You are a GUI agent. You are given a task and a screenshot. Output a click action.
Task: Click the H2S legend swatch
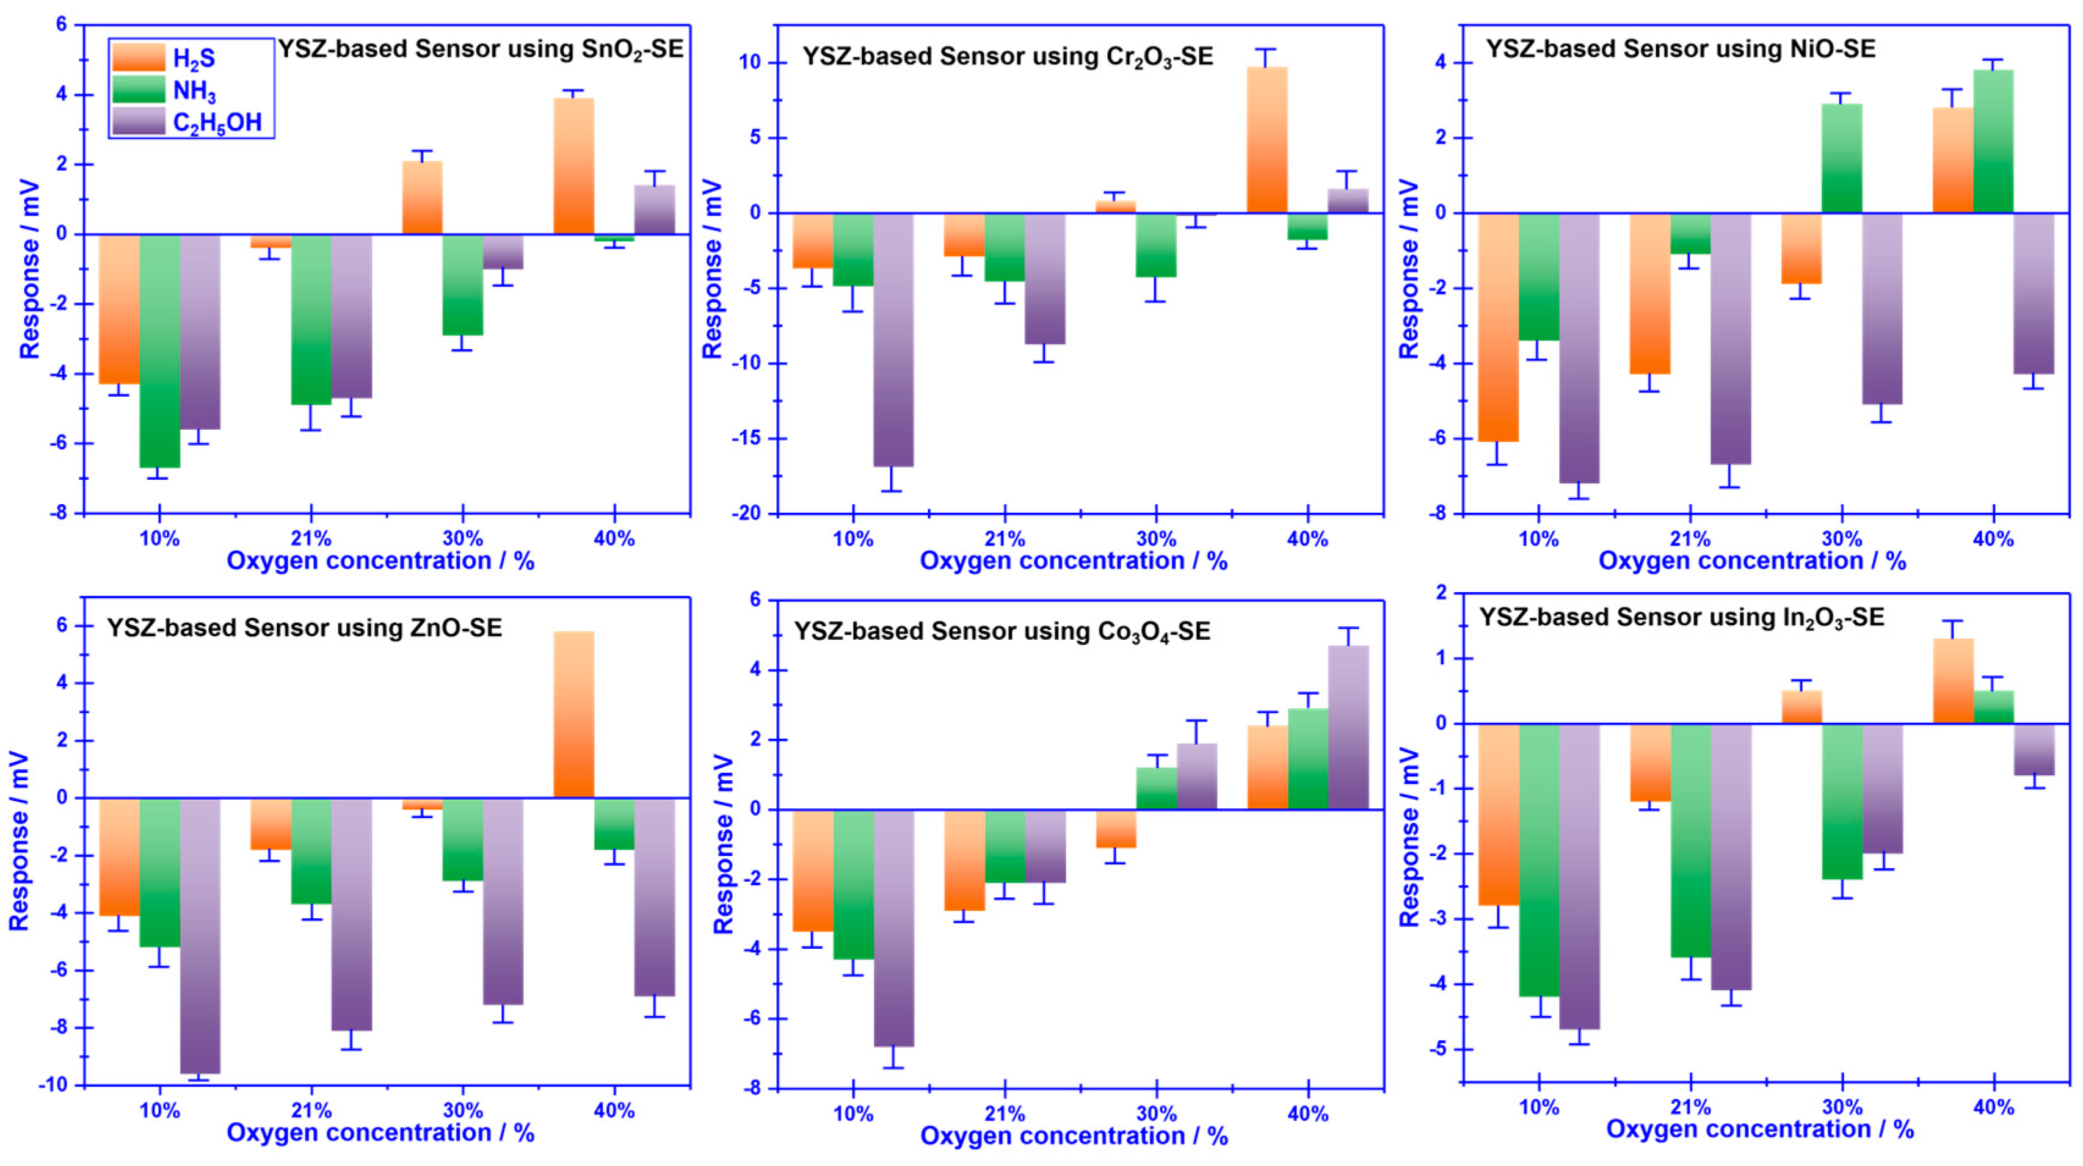click(x=138, y=57)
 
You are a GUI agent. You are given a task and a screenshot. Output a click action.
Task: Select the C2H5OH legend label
click(x=217, y=123)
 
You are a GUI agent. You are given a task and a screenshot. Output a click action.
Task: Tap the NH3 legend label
click(x=194, y=90)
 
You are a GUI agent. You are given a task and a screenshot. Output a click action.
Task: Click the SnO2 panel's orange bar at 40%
click(x=573, y=166)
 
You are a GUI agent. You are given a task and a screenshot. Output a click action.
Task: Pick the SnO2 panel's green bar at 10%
click(x=159, y=351)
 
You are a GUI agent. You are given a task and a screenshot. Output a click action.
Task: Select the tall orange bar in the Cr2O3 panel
click(x=1267, y=140)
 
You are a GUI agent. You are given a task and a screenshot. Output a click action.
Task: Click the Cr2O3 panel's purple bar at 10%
click(x=893, y=339)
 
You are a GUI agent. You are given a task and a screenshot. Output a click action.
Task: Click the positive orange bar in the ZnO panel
click(x=573, y=715)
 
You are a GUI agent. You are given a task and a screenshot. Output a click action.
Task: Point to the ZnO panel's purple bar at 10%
click(x=200, y=936)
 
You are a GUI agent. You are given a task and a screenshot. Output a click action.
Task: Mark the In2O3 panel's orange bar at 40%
click(x=1953, y=681)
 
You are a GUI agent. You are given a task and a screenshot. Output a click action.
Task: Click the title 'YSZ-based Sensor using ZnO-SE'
click(x=304, y=628)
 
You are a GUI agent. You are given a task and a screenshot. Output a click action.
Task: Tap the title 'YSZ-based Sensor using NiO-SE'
click(x=1681, y=49)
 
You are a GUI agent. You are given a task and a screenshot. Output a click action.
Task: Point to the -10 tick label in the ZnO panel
click(x=53, y=1085)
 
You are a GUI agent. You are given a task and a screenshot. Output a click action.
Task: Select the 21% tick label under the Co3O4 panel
click(x=1005, y=1114)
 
